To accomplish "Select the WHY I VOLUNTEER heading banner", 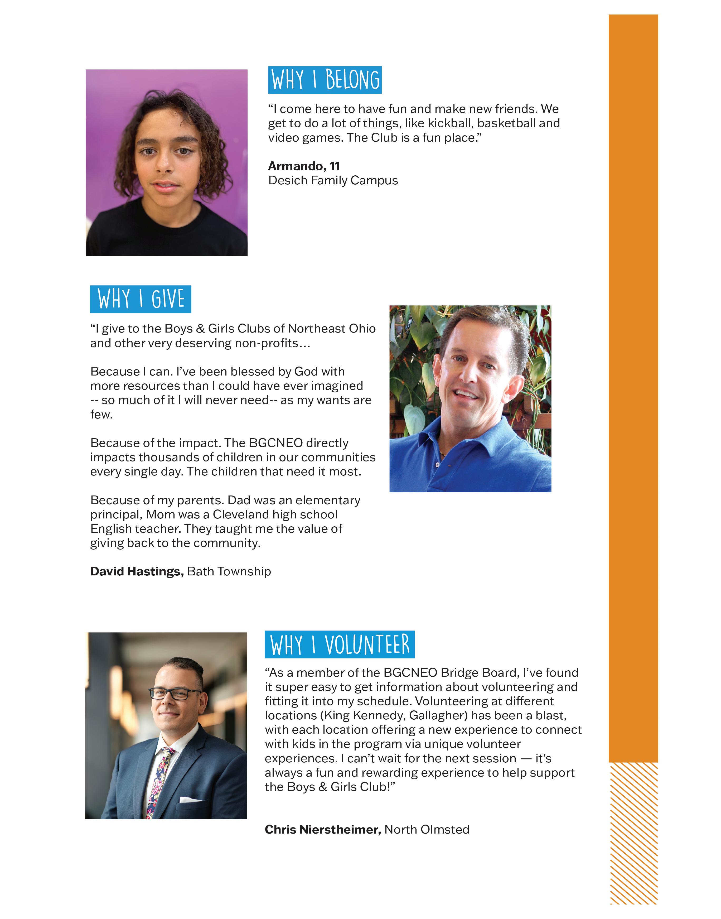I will coord(340,644).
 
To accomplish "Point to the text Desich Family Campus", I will coord(333,180).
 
